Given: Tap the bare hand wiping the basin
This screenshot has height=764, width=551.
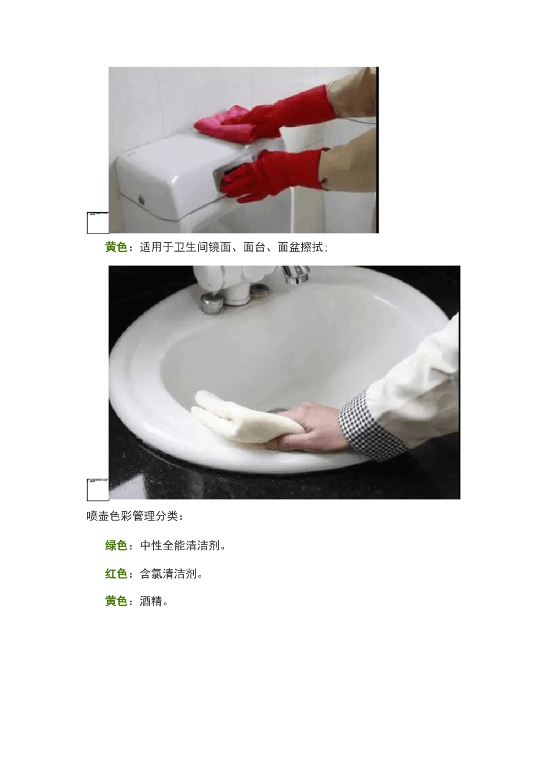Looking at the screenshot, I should click(x=307, y=428).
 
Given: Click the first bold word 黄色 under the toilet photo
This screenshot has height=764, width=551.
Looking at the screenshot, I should click(x=116, y=248).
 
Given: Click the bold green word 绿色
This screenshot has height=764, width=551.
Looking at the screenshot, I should click(x=116, y=545).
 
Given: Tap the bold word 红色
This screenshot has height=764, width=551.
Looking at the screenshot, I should click(x=116, y=574).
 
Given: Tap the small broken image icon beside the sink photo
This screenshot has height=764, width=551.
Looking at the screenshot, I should click(x=97, y=489).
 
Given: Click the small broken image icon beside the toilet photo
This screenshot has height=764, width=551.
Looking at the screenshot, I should click(x=97, y=223).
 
